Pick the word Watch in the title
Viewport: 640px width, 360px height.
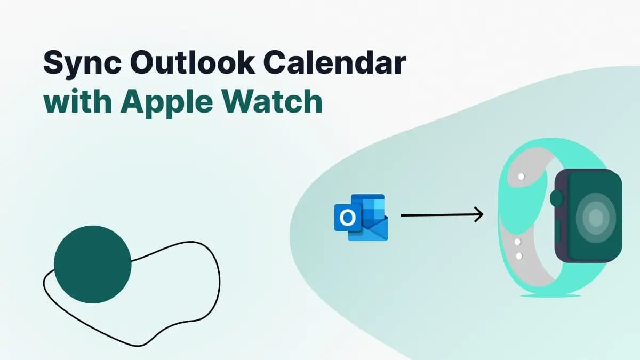276,102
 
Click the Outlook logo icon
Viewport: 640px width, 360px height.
361,217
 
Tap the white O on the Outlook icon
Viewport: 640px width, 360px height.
347,218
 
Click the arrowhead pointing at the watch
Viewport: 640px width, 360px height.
478,215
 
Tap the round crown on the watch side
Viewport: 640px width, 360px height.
557,198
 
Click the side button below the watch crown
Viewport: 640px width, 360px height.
557,231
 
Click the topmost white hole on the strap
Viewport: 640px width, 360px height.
521,176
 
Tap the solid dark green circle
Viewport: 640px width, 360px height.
92,264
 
